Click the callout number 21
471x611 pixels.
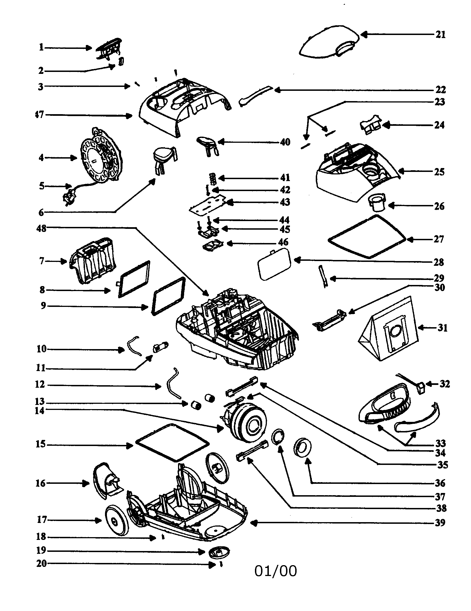pos(440,35)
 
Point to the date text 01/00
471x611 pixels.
pos(275,571)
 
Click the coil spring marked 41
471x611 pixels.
pos(213,178)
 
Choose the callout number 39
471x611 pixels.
pos(440,523)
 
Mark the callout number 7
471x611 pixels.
pos(41,261)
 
